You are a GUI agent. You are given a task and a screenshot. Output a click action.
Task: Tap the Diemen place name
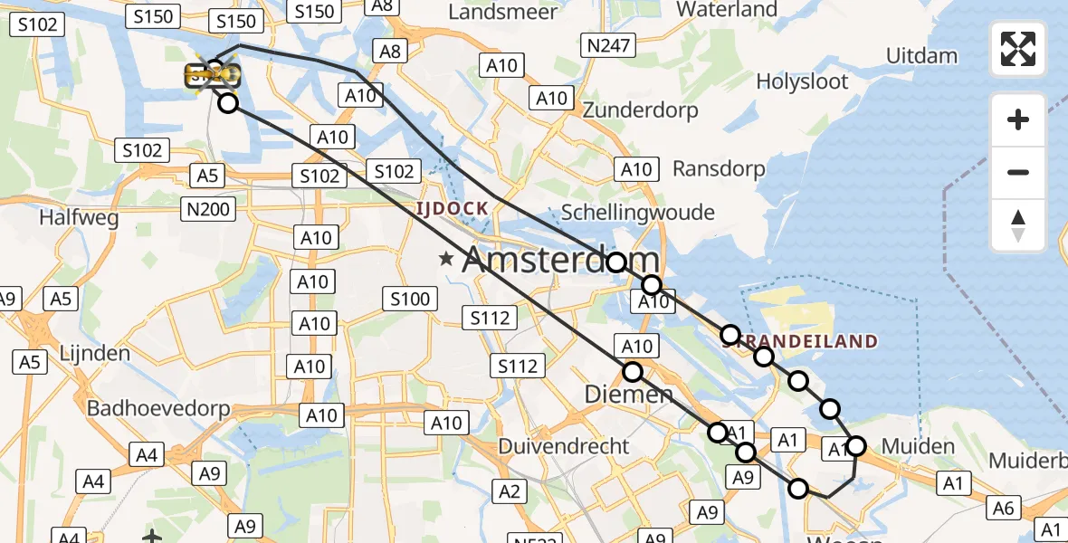click(628, 395)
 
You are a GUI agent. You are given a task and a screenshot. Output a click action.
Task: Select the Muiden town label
click(918, 446)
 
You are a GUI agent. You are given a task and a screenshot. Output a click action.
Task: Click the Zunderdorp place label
click(641, 110)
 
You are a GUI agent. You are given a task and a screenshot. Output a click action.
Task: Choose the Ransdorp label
click(719, 168)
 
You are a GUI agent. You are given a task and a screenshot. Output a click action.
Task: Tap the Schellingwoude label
click(638, 213)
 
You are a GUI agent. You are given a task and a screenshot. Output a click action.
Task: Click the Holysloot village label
click(803, 82)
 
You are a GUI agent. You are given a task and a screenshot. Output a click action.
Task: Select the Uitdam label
click(921, 55)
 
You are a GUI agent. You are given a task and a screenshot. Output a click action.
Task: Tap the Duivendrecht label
click(564, 446)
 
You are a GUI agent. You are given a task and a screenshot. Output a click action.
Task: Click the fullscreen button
click(1018, 49)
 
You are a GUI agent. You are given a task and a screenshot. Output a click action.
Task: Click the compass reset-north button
click(1018, 225)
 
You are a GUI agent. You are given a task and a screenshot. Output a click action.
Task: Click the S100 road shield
click(409, 298)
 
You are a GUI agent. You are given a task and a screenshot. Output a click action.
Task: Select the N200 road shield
click(209, 210)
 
